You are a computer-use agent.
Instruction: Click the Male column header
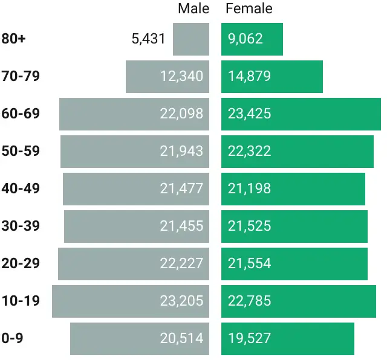point(193,8)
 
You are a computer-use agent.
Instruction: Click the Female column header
point(249,8)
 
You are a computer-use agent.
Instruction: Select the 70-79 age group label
point(21,76)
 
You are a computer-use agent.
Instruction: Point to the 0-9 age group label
point(12,338)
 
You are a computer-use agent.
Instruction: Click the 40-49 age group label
point(21,188)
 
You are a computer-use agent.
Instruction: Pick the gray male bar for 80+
point(190,39)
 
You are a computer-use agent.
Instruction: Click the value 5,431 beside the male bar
point(148,39)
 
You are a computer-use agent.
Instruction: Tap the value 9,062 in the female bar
point(245,39)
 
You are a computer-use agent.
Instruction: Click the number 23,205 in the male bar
point(181,301)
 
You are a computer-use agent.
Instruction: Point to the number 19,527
point(249,338)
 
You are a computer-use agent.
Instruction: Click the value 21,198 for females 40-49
point(249,188)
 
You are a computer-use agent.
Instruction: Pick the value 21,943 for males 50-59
point(181,151)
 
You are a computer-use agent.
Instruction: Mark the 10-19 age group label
point(21,301)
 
